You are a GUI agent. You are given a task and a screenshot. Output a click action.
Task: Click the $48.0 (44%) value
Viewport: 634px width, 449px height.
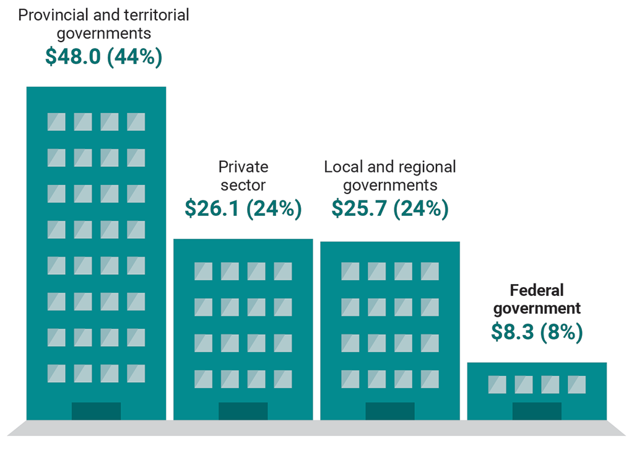(103, 56)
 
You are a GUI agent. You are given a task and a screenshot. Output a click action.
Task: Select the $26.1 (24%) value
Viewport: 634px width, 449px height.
(243, 208)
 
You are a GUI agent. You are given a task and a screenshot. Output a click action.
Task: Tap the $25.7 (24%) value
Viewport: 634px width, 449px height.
(389, 208)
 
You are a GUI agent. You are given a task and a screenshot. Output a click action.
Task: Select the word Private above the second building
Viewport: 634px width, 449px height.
(243, 167)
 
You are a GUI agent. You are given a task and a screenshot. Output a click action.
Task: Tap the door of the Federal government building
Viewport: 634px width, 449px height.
(537, 411)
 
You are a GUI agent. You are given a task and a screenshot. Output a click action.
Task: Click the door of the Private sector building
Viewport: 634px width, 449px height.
(243, 411)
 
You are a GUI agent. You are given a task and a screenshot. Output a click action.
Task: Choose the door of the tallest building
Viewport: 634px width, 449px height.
(96, 411)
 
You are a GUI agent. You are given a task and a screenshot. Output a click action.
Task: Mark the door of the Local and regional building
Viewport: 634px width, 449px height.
(389, 411)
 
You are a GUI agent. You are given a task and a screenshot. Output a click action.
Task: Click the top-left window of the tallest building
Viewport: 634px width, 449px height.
(56, 122)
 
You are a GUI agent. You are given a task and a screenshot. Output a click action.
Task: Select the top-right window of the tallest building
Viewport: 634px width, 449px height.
(136, 122)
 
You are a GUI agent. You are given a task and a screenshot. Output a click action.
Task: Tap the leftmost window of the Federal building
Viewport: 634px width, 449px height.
(497, 385)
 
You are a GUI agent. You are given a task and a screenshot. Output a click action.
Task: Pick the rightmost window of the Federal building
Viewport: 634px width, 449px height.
(576, 385)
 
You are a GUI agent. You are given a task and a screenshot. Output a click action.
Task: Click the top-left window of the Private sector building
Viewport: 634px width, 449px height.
(203, 271)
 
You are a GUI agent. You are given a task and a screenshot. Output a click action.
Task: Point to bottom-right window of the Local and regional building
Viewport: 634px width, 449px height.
(430, 379)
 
